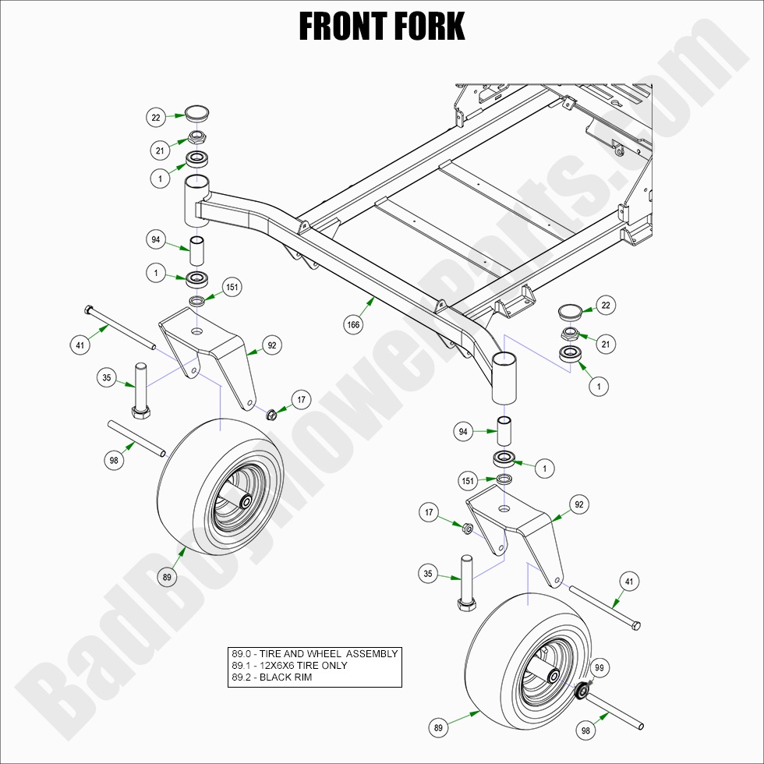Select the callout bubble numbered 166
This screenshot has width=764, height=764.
coord(354,325)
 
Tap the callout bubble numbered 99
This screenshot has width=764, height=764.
coord(599,668)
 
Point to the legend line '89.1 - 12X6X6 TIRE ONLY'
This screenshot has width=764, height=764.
coord(289,666)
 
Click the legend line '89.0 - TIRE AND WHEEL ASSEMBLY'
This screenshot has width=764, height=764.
coord(314,654)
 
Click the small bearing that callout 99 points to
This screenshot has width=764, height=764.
coord(580,690)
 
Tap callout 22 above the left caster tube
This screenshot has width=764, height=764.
coord(156,117)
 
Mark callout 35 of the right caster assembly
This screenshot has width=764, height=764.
coord(428,575)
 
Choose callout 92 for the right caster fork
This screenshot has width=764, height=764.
coord(578,504)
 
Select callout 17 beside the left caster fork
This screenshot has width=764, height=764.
coord(302,401)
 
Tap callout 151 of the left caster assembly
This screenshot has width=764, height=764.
coord(232,287)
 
